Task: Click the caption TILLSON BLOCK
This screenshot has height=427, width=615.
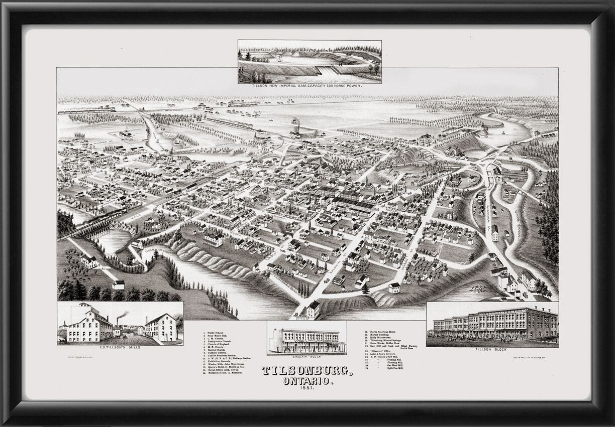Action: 492,349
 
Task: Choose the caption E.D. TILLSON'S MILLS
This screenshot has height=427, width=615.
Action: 120,347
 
